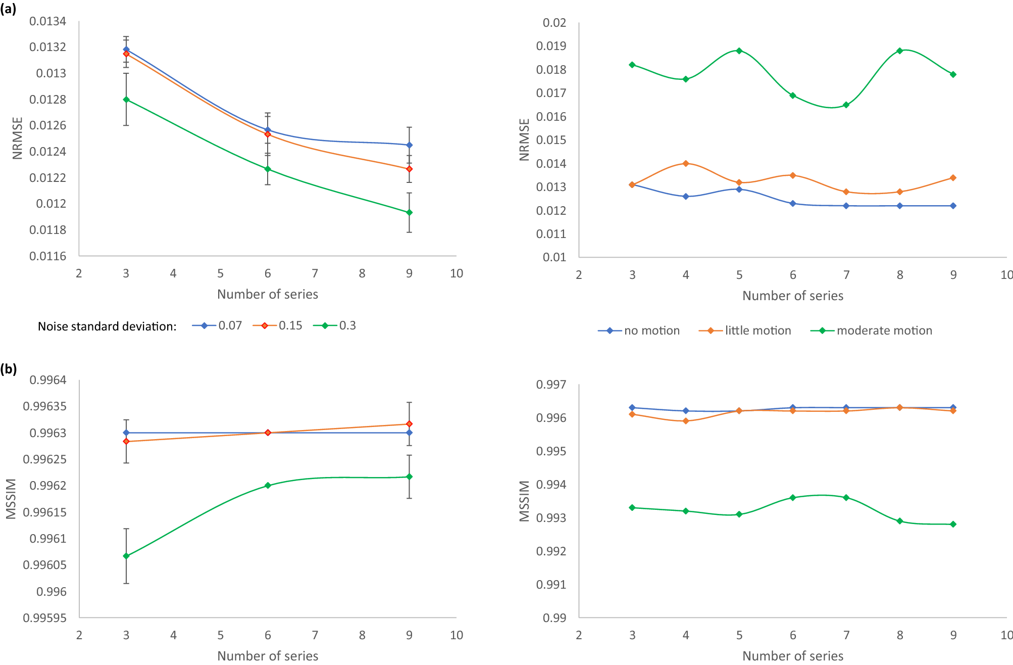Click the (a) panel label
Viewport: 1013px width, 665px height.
[8, 8]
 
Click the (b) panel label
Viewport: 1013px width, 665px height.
[8, 369]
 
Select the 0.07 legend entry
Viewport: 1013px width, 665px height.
[218, 325]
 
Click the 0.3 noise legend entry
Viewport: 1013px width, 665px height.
[335, 325]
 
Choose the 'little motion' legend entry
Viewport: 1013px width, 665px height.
[745, 330]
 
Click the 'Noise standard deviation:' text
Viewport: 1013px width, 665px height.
[107, 326]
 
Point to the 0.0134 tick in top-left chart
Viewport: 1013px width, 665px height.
[47, 21]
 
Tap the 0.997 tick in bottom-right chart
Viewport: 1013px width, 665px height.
[551, 385]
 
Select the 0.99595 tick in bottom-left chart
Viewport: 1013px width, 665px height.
[44, 618]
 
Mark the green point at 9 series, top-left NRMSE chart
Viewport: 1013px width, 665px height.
[410, 212]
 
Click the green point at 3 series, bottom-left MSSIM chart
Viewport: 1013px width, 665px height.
[126, 556]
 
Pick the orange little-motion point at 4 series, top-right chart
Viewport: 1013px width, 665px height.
[686, 163]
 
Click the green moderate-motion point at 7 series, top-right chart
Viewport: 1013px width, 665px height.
[846, 105]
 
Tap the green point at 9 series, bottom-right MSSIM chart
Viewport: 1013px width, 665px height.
[953, 524]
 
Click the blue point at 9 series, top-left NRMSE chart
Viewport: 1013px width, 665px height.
[410, 145]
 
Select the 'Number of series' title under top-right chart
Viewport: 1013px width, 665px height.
[792, 296]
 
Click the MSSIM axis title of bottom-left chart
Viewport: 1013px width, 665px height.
[11, 499]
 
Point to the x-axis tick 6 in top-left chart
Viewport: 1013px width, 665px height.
[268, 273]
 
